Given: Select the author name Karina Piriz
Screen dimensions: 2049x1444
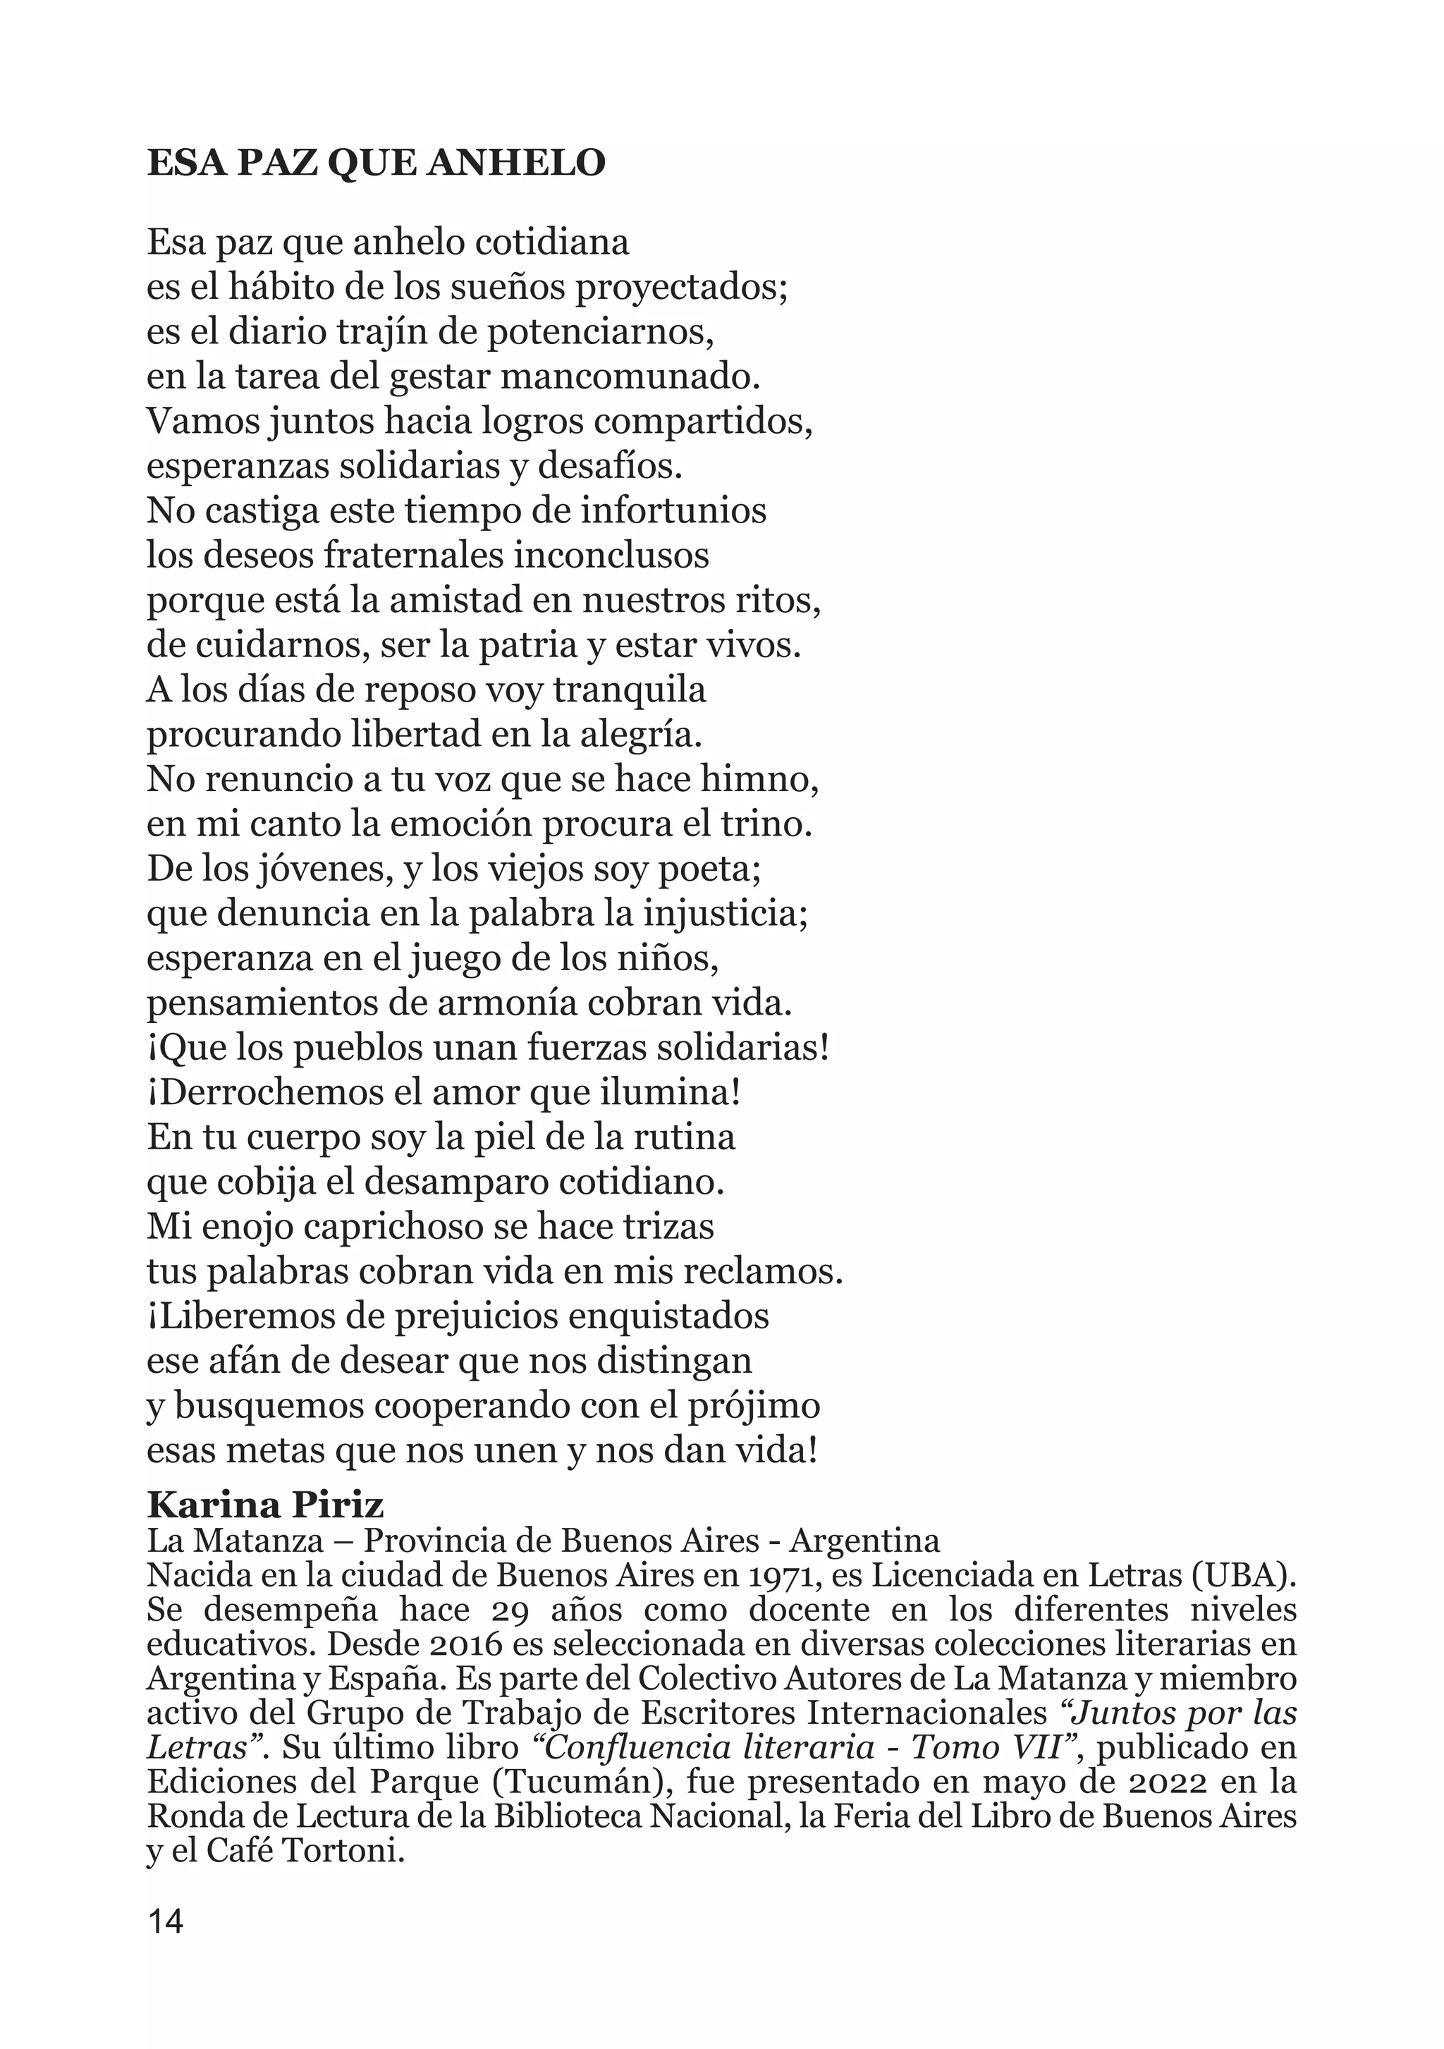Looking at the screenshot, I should click(265, 1505).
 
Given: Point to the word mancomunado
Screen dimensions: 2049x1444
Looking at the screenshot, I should click(630, 377).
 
